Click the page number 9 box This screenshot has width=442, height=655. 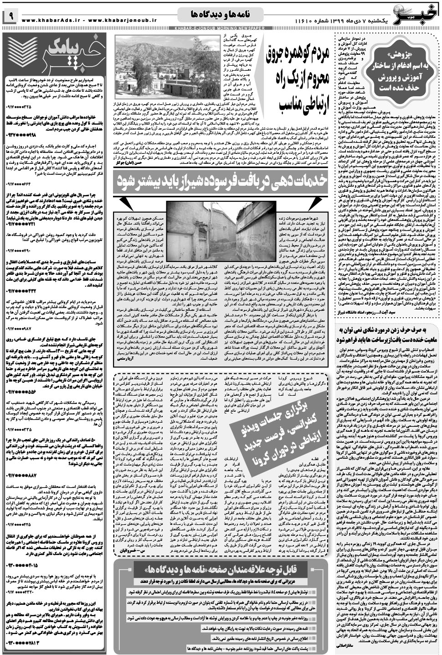coord(10,17)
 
